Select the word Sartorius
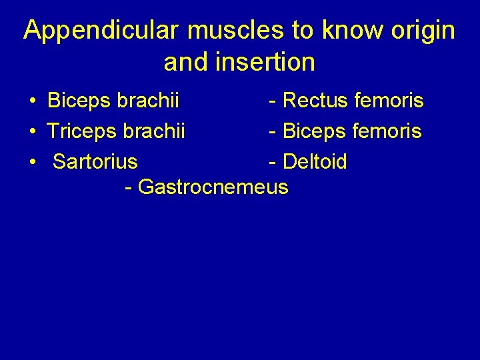click(95, 162)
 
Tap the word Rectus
click(315, 101)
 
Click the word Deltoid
click(315, 162)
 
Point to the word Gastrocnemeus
click(213, 187)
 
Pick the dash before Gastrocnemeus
click(128, 188)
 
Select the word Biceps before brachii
click(79, 101)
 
